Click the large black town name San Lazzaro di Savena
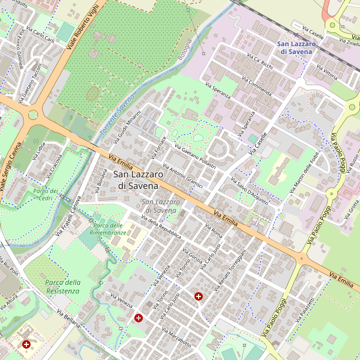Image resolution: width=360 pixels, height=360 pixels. pyautogui.click(x=139, y=180)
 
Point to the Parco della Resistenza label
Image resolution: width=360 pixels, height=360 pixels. pyautogui.click(x=62, y=287)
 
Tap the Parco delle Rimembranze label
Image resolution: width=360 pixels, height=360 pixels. pyautogui.click(x=108, y=229)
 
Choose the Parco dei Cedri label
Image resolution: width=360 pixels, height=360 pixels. pyautogui.click(x=47, y=194)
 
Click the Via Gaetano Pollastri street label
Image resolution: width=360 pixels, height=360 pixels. pyautogui.click(x=194, y=155)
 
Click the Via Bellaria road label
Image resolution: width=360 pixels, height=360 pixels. pyautogui.click(x=68, y=318)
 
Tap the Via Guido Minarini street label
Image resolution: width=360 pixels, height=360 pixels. pyautogui.click(x=127, y=128)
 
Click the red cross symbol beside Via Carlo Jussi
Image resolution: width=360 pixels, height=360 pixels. pyautogui.click(x=199, y=296)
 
